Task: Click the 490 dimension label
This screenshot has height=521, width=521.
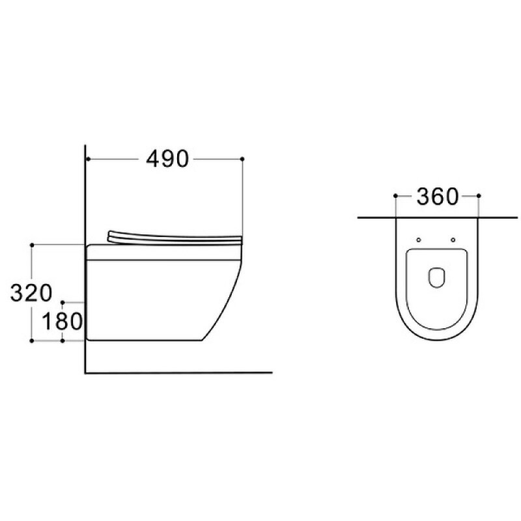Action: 167,159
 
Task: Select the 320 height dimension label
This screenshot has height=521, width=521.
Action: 31,292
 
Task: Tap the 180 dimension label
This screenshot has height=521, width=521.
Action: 63,321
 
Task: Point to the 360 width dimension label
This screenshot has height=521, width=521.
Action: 437,197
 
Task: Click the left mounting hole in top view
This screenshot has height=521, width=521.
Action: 419,240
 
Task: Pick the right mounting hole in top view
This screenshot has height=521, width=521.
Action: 453,240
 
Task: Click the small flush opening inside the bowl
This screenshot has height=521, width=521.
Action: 436,277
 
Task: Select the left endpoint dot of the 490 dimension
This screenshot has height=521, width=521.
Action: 88,159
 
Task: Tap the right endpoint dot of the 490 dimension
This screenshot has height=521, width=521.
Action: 242,159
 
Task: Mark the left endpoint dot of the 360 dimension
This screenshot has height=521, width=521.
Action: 395,196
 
